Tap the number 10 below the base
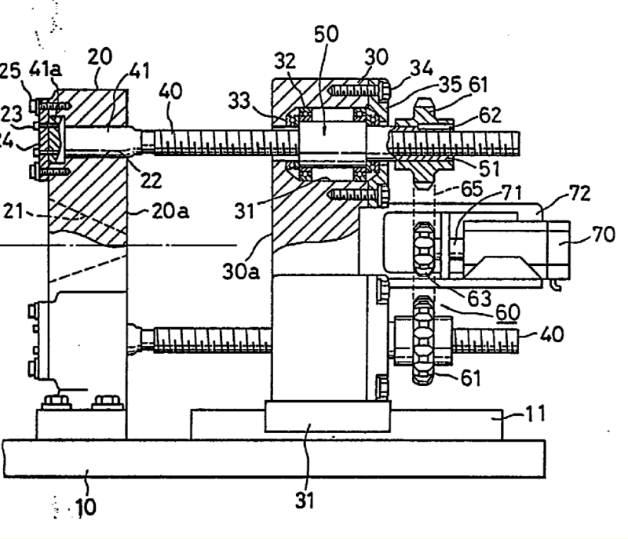pyautogui.click(x=86, y=507)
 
